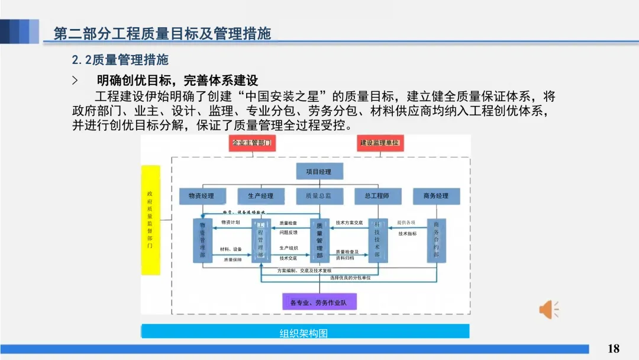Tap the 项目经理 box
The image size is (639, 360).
pos(319,172)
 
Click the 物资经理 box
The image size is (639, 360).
pos(201,196)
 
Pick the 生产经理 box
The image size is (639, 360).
pos(260,196)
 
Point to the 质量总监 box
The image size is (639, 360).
pos(319,196)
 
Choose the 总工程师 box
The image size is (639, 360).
pos(377,196)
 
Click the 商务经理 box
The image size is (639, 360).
pos(436,196)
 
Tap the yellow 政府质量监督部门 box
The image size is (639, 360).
pos(150,220)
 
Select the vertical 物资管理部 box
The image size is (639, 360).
pos(202,240)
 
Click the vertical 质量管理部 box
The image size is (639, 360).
pos(319,240)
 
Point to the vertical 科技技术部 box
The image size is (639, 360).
pos(377,240)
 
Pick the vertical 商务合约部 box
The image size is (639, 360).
pos(436,240)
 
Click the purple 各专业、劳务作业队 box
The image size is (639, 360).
pos(319,303)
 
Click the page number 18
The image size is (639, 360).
pos(614,348)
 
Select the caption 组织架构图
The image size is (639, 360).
pos(304,333)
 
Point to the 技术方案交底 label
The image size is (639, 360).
pos(349,223)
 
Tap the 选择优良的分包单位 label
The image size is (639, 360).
pos(350,278)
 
